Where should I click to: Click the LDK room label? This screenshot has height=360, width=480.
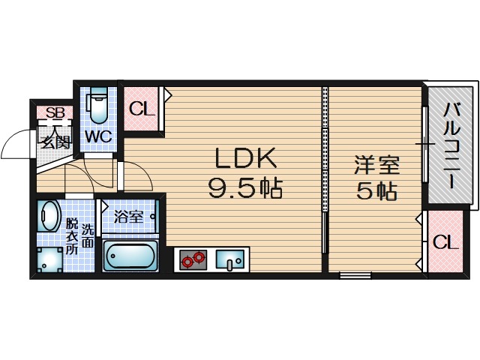[x=246, y=158]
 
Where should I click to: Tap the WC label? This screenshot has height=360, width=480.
[x=98, y=137]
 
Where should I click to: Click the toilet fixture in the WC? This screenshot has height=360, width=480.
[x=98, y=107]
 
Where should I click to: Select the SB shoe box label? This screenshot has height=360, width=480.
[x=55, y=113]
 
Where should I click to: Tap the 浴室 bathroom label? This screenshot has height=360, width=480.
[x=128, y=217]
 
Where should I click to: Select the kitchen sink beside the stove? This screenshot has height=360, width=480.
[x=229, y=260]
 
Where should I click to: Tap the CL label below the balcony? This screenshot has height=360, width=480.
[x=445, y=242]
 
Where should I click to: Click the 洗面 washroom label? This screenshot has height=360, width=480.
[x=88, y=235]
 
